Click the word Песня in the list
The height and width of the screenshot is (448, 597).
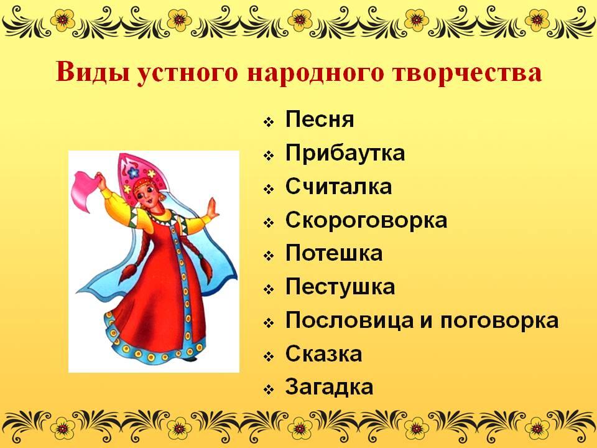(320, 119)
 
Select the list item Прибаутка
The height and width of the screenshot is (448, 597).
(345, 153)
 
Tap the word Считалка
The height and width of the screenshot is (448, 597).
(338, 186)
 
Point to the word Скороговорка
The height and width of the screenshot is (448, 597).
(366, 220)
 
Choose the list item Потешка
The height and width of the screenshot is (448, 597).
(334, 253)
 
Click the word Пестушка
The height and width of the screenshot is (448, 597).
(340, 286)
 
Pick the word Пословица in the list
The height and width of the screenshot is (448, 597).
(349, 320)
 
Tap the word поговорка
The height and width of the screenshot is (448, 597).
(499, 321)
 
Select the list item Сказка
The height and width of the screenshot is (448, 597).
(323, 353)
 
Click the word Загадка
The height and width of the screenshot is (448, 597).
(330, 387)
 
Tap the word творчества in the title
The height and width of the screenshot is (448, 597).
(468, 72)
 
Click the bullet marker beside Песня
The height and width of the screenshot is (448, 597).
(269, 123)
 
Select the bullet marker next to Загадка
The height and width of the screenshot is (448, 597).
(269, 390)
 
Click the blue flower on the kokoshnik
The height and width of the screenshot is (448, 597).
(133, 173)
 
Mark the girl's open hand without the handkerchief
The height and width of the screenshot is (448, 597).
(213, 209)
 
